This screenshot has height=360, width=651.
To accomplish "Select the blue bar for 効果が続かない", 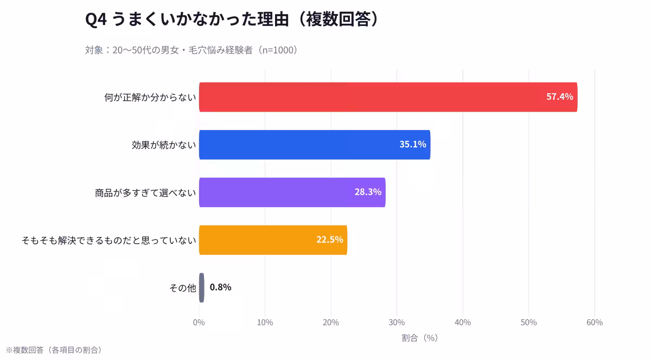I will pyautogui.click(x=298, y=145).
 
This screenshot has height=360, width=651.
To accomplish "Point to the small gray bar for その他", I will pyautogui.click(x=202, y=287).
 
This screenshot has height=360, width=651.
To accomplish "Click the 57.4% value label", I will pyautogui.click(x=559, y=97).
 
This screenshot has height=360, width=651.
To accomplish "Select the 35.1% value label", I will pyautogui.click(x=412, y=145).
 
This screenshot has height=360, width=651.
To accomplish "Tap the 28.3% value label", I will pyautogui.click(x=368, y=192).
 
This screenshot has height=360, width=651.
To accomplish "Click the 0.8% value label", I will pyautogui.click(x=220, y=287).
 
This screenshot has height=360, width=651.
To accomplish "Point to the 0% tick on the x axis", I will pyautogui.click(x=199, y=323).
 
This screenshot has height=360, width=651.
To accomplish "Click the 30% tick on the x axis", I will pyautogui.click(x=397, y=323).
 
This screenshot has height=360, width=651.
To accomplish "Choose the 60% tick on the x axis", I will pyautogui.click(x=595, y=323).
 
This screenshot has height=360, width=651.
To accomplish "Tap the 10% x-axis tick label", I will pyautogui.click(x=265, y=323).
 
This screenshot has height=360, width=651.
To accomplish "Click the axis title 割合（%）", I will pyautogui.click(x=419, y=338).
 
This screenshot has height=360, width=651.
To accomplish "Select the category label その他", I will pyautogui.click(x=182, y=288).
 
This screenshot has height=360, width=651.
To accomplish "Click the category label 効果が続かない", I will pyautogui.click(x=163, y=145).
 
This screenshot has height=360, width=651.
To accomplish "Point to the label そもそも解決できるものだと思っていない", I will pyautogui.click(x=108, y=240).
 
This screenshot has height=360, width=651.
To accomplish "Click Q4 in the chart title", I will pyautogui.click(x=97, y=20).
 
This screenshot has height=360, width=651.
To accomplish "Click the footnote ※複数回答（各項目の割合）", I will pyautogui.click(x=54, y=350).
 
